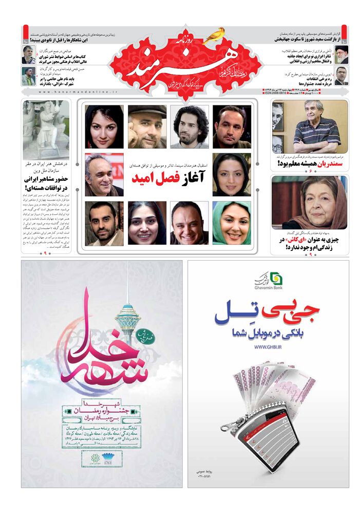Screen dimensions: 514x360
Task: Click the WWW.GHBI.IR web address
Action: pos(268,347)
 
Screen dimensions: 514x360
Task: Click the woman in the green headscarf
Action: pos(232,223)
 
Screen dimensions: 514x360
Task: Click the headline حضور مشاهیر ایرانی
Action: pos(46,184)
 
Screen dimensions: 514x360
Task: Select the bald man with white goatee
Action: pos(147,127)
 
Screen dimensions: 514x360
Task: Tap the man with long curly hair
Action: pos(190,127)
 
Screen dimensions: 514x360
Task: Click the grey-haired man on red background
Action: pos(104,175)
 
